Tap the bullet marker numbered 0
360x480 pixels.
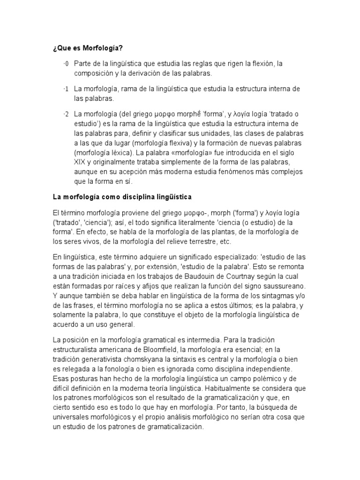tap(66, 64)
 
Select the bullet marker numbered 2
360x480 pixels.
tap(66, 114)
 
